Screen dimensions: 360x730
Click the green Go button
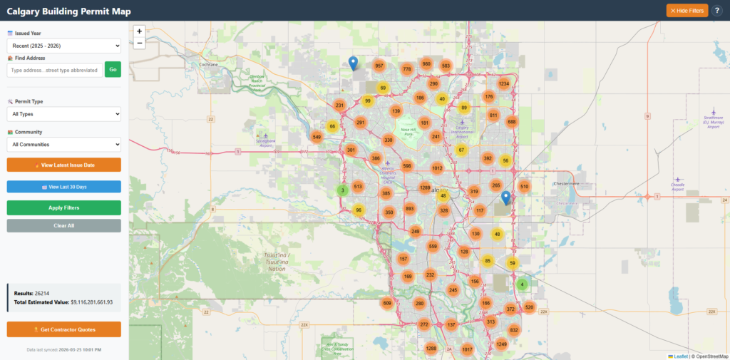[113, 69]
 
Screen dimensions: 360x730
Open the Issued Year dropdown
[64, 46]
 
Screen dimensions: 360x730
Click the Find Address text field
[54, 69]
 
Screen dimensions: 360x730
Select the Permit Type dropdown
[64, 114]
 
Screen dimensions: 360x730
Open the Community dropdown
[64, 145]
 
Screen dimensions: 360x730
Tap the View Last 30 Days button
[64, 187]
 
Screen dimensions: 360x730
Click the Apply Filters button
[64, 207]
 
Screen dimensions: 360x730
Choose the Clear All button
[64, 225]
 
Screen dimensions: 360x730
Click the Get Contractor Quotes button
[64, 329]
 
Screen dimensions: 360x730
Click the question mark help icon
[717, 11]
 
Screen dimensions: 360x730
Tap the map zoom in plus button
[139, 31]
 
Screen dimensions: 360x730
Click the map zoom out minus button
[139, 43]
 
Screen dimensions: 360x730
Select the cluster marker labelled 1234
[504, 84]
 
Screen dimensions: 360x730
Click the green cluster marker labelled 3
[343, 190]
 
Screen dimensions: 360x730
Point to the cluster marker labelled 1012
[437, 168]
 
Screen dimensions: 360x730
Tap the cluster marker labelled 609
[387, 303]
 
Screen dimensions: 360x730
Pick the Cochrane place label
[208, 64]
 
